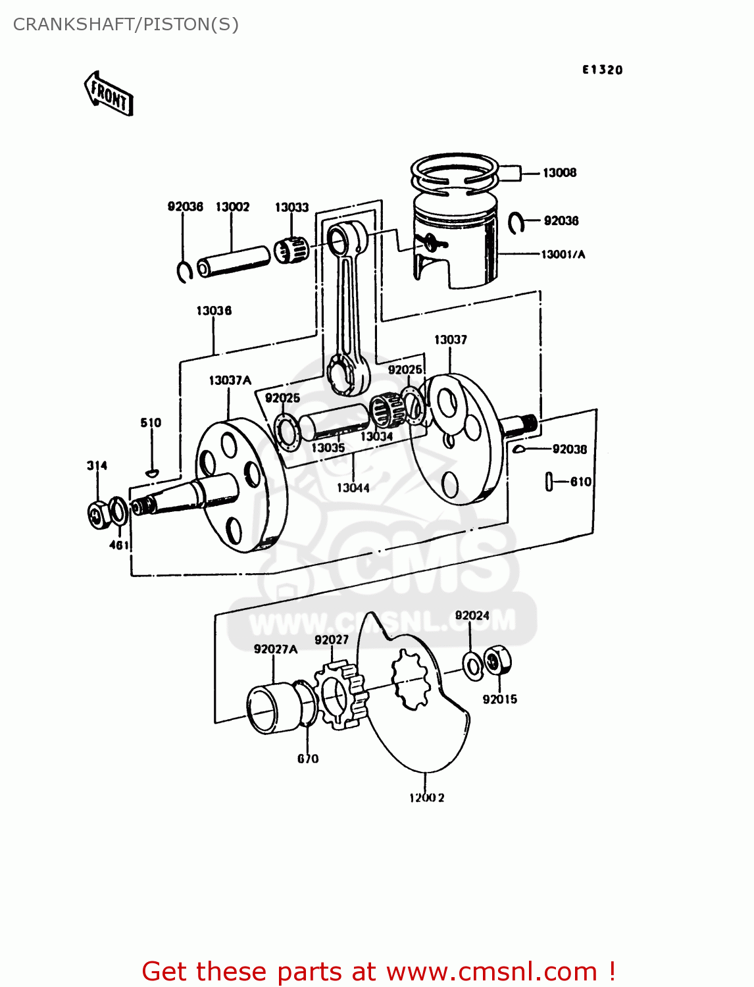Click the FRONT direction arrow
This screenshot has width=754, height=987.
tap(109, 94)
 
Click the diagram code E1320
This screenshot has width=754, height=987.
tap(602, 70)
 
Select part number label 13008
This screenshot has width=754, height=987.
tap(559, 172)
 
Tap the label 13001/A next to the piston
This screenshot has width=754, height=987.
tap(563, 254)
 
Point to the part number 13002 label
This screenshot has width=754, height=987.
tap(232, 207)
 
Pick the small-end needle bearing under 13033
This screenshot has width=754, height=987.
tap(290, 250)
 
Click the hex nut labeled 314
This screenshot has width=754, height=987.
tap(99, 515)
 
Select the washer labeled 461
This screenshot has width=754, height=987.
tap(118, 511)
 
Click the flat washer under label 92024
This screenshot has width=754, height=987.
tap(472, 666)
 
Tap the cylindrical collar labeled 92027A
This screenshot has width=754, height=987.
tap(273, 709)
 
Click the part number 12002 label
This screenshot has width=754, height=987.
tap(426, 797)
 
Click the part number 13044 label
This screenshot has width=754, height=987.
tap(353, 488)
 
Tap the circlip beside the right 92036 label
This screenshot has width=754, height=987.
tap(516, 222)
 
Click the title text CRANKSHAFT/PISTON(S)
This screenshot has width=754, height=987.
tap(126, 24)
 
